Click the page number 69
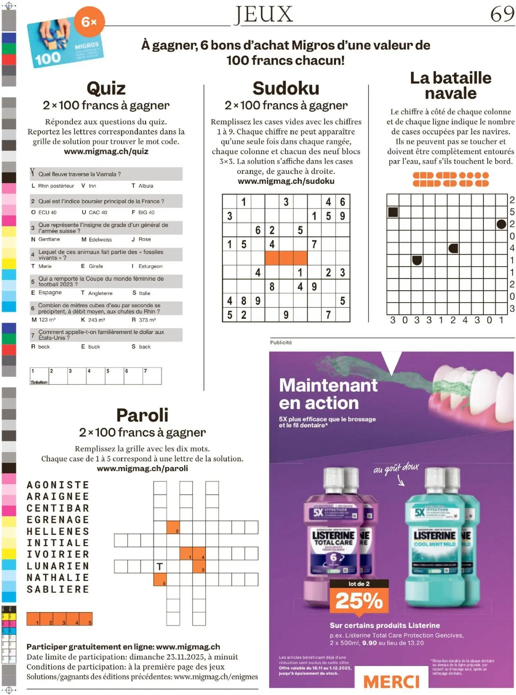point(502,14)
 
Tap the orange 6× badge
point(89,22)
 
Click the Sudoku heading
point(286,88)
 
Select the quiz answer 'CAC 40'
point(98,213)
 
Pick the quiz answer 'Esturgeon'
point(150,267)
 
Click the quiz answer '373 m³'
point(147,320)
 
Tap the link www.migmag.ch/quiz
point(106,152)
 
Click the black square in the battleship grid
point(393,212)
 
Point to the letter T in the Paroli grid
point(160,567)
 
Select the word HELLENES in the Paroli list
point(58,531)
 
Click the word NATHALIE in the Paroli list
point(58,578)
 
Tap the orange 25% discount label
point(359,600)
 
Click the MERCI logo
point(391,682)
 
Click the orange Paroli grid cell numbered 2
point(173,527)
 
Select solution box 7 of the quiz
point(152,376)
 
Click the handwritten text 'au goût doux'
point(396,469)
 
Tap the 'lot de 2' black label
point(359,584)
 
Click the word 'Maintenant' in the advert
point(328,385)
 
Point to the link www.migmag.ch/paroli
point(142,468)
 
